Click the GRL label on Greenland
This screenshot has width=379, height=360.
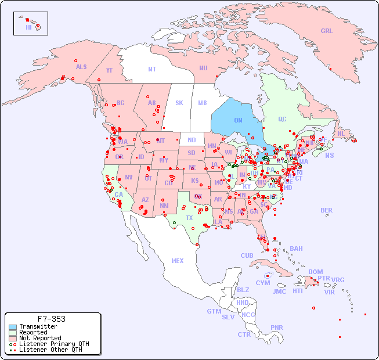coord(327,31)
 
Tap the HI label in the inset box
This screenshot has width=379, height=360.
coord(28,27)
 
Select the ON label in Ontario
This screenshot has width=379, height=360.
coord(238,120)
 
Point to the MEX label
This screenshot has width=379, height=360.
coord(178,261)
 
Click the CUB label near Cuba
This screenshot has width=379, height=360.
coord(247,255)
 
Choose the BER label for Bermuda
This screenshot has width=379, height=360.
coord(327,210)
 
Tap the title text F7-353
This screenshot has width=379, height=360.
coord(51,319)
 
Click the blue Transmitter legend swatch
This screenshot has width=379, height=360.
coord(13,326)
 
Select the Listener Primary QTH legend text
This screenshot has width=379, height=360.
coord(53,344)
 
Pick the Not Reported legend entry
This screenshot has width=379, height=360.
coord(40,338)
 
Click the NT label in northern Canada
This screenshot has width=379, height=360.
coord(152,69)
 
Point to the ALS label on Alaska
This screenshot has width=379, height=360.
coord(81,67)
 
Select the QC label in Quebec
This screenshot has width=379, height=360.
coord(282,119)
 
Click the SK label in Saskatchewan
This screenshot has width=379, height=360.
coord(179,103)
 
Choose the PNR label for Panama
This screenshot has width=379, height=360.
coord(277,327)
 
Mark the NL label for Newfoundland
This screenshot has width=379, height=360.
coord(341,133)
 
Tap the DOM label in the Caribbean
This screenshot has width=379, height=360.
coord(315,272)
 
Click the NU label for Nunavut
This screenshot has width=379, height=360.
coord(203,68)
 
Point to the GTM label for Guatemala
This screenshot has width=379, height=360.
coord(214,311)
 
